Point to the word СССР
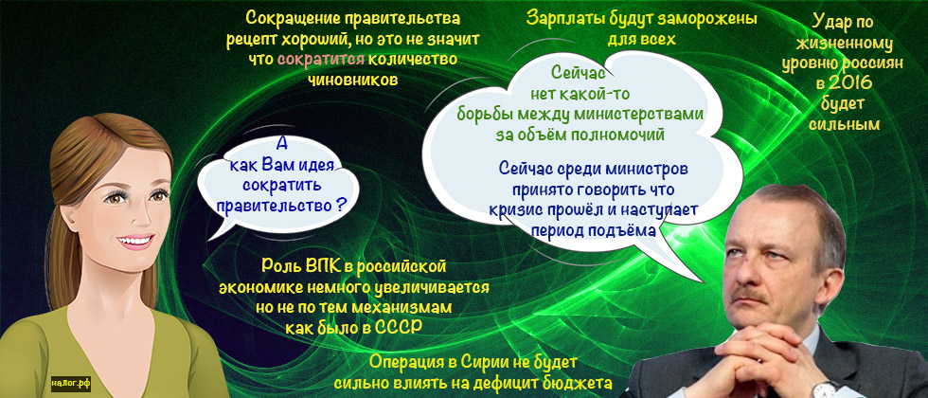[x=397, y=327]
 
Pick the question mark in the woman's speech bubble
[x=338, y=203]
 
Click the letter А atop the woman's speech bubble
[x=280, y=144]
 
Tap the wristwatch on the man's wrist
[x=824, y=389]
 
